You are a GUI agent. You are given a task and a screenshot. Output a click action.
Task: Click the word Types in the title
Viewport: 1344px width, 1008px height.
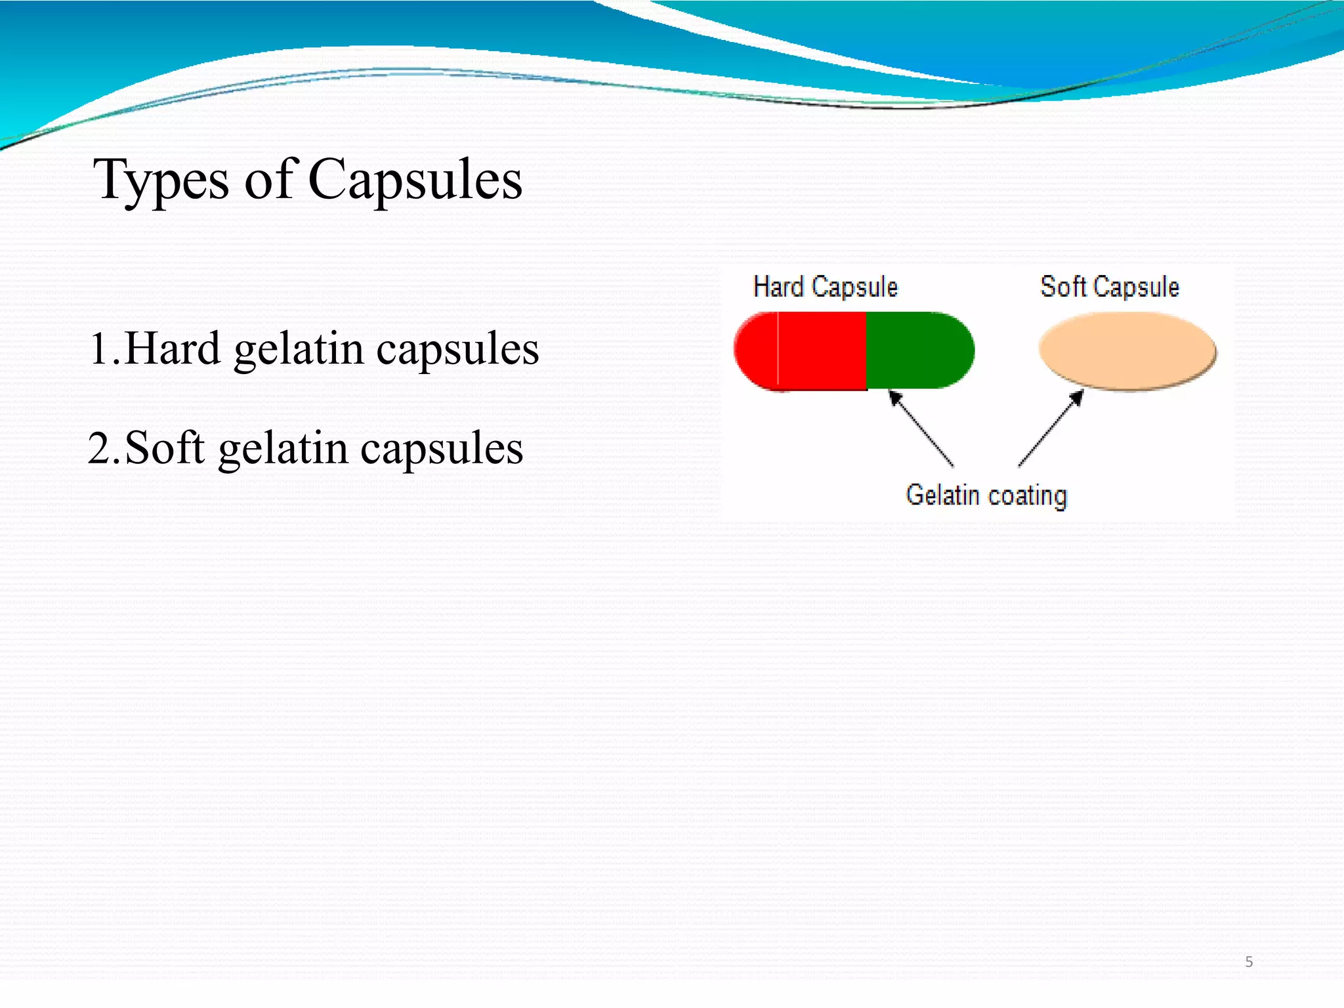tap(161, 180)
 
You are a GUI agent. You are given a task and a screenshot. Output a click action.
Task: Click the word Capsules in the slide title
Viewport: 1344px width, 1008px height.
tap(415, 180)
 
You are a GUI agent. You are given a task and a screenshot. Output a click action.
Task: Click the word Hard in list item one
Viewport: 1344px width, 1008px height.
tap(172, 348)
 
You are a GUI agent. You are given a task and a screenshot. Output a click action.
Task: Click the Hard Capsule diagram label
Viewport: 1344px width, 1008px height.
tap(825, 287)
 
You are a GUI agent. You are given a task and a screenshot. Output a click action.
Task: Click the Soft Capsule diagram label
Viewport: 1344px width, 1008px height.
tap(1109, 287)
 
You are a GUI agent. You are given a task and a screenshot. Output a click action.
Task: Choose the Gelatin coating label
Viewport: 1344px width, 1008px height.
tap(986, 495)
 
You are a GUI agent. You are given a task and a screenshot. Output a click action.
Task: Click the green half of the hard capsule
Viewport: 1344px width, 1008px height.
tap(919, 350)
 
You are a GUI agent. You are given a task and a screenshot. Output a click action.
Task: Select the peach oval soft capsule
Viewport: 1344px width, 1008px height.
tap(1127, 350)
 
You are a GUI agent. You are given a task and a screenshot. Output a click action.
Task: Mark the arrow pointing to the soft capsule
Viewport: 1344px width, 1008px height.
tap(1051, 428)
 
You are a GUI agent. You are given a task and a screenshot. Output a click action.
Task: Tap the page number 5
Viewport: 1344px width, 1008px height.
tap(1249, 962)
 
